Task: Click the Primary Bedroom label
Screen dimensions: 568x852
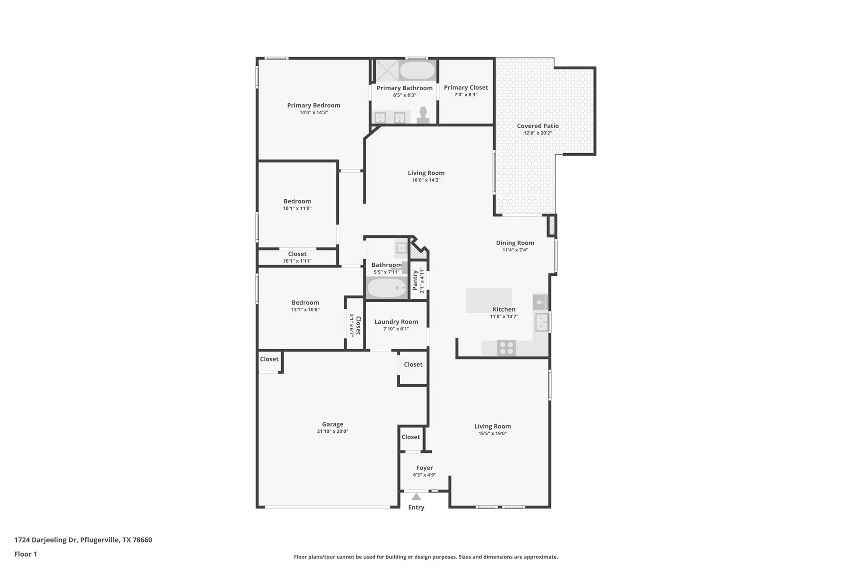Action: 314,105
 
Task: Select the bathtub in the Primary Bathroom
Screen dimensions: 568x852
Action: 417,70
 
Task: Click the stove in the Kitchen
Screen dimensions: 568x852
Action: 506,348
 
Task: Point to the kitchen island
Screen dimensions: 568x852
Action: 488,300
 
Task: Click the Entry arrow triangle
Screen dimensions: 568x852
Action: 416,497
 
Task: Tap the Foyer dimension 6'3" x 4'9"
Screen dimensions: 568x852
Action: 424,475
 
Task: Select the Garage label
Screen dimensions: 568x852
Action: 332,424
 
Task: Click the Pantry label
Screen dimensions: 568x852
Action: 415,280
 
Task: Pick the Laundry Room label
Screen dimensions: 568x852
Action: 396,322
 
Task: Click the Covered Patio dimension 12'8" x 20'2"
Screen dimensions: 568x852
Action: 537,133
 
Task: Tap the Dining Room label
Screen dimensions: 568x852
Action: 515,243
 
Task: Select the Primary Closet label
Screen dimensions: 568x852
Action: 466,87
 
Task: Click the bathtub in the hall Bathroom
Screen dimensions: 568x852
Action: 387,288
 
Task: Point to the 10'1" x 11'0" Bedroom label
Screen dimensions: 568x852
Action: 297,201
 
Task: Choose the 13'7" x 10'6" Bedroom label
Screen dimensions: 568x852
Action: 305,303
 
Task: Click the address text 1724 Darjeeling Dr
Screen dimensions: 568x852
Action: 46,540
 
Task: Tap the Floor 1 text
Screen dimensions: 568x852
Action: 25,554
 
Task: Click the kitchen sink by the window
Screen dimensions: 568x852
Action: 541,322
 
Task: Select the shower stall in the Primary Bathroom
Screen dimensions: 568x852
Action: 386,70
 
